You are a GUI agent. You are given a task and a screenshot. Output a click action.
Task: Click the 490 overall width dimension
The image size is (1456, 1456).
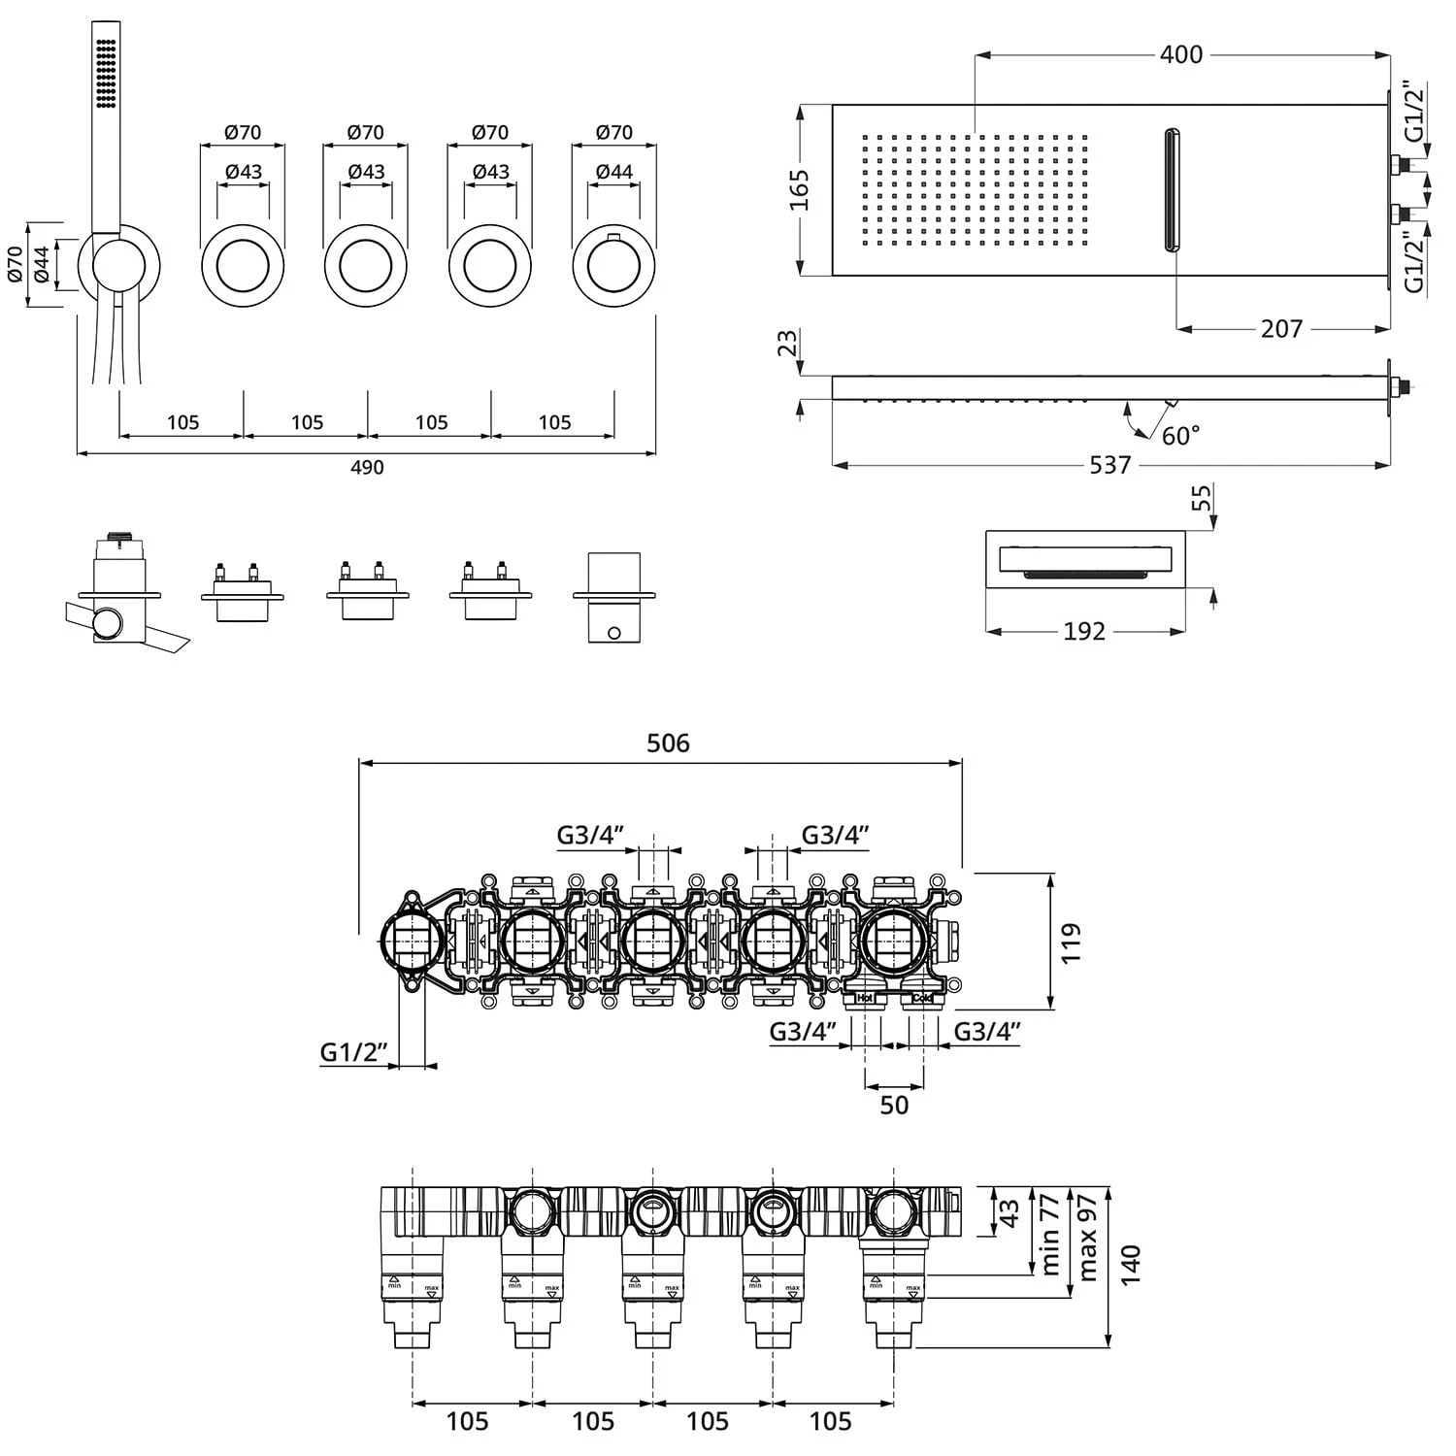pos(366,468)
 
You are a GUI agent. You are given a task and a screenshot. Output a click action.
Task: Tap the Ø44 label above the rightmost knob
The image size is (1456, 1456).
pos(613,172)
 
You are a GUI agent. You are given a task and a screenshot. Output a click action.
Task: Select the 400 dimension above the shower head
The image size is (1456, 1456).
pos(1180,54)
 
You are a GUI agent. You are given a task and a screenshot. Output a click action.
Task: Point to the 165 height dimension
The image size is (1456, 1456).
pos(800,190)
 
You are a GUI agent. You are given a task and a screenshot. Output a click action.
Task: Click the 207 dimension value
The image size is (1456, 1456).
pos(1281,329)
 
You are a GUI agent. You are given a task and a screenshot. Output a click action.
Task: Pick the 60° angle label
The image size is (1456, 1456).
pos(1180,436)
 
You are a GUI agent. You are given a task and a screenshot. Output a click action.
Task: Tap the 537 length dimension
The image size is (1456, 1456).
pos(1109,465)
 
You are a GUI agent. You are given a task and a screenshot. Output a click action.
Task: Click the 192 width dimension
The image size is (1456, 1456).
pos(1084,632)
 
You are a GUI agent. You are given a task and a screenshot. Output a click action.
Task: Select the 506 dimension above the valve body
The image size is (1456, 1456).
pos(668,744)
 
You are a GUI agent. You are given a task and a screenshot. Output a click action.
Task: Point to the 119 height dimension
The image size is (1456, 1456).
pos(1070,943)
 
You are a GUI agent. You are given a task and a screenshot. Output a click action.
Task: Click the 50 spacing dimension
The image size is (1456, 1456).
pos(894,1106)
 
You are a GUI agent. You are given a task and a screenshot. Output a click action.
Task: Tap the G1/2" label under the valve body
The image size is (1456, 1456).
pos(354,1052)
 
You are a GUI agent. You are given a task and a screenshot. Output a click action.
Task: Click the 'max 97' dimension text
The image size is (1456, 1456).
pos(1087,1237)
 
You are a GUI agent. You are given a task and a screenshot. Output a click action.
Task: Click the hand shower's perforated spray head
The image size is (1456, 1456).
pos(107,73)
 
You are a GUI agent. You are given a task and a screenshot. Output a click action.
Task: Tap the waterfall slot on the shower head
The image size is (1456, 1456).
pos(1173,189)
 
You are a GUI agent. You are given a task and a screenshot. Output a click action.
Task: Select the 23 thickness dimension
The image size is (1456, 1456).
pos(788,343)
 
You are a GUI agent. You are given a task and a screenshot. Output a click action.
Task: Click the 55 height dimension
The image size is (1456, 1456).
pos(1202,498)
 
